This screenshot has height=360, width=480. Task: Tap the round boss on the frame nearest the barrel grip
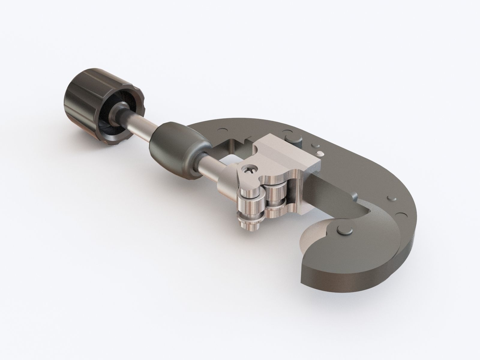[222, 130]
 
